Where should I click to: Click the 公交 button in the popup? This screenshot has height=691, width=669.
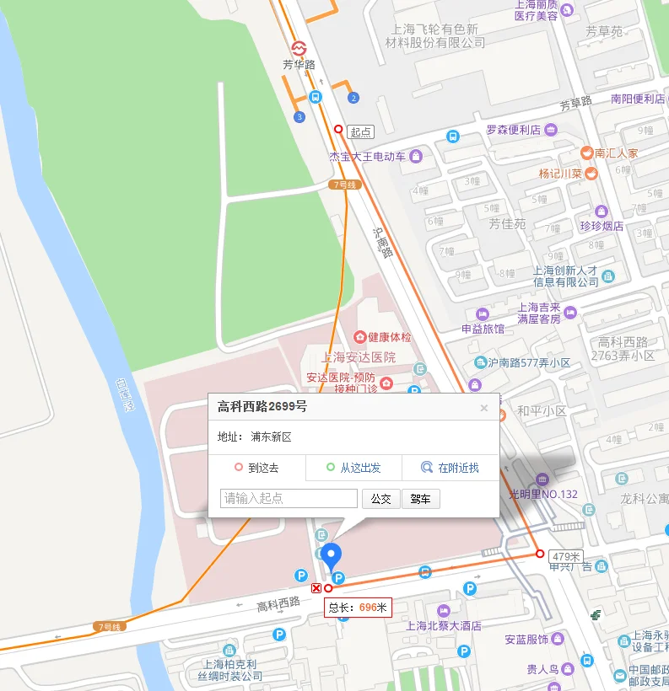click(x=381, y=499)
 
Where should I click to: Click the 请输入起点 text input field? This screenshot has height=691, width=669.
click(x=289, y=499)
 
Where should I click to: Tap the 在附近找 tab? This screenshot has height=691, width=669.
click(x=450, y=468)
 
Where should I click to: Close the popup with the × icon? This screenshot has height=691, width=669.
click(x=484, y=408)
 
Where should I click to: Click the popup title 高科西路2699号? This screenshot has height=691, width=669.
click(x=262, y=407)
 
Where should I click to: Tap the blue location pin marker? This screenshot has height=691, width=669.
click(x=332, y=555)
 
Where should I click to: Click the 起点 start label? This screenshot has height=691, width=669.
click(x=360, y=132)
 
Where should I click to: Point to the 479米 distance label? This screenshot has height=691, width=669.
click(x=566, y=556)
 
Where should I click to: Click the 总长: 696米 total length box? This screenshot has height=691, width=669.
click(x=358, y=607)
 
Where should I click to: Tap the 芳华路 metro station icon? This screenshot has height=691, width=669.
click(x=299, y=48)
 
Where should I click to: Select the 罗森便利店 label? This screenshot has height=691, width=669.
click(x=513, y=130)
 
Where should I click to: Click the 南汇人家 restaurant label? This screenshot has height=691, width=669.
click(x=616, y=153)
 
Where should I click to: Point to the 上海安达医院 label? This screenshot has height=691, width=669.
click(x=359, y=357)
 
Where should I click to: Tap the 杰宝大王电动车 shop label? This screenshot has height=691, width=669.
click(x=368, y=157)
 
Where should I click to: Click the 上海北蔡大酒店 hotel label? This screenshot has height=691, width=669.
click(x=444, y=625)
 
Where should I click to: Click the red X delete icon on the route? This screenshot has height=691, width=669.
click(x=316, y=588)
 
